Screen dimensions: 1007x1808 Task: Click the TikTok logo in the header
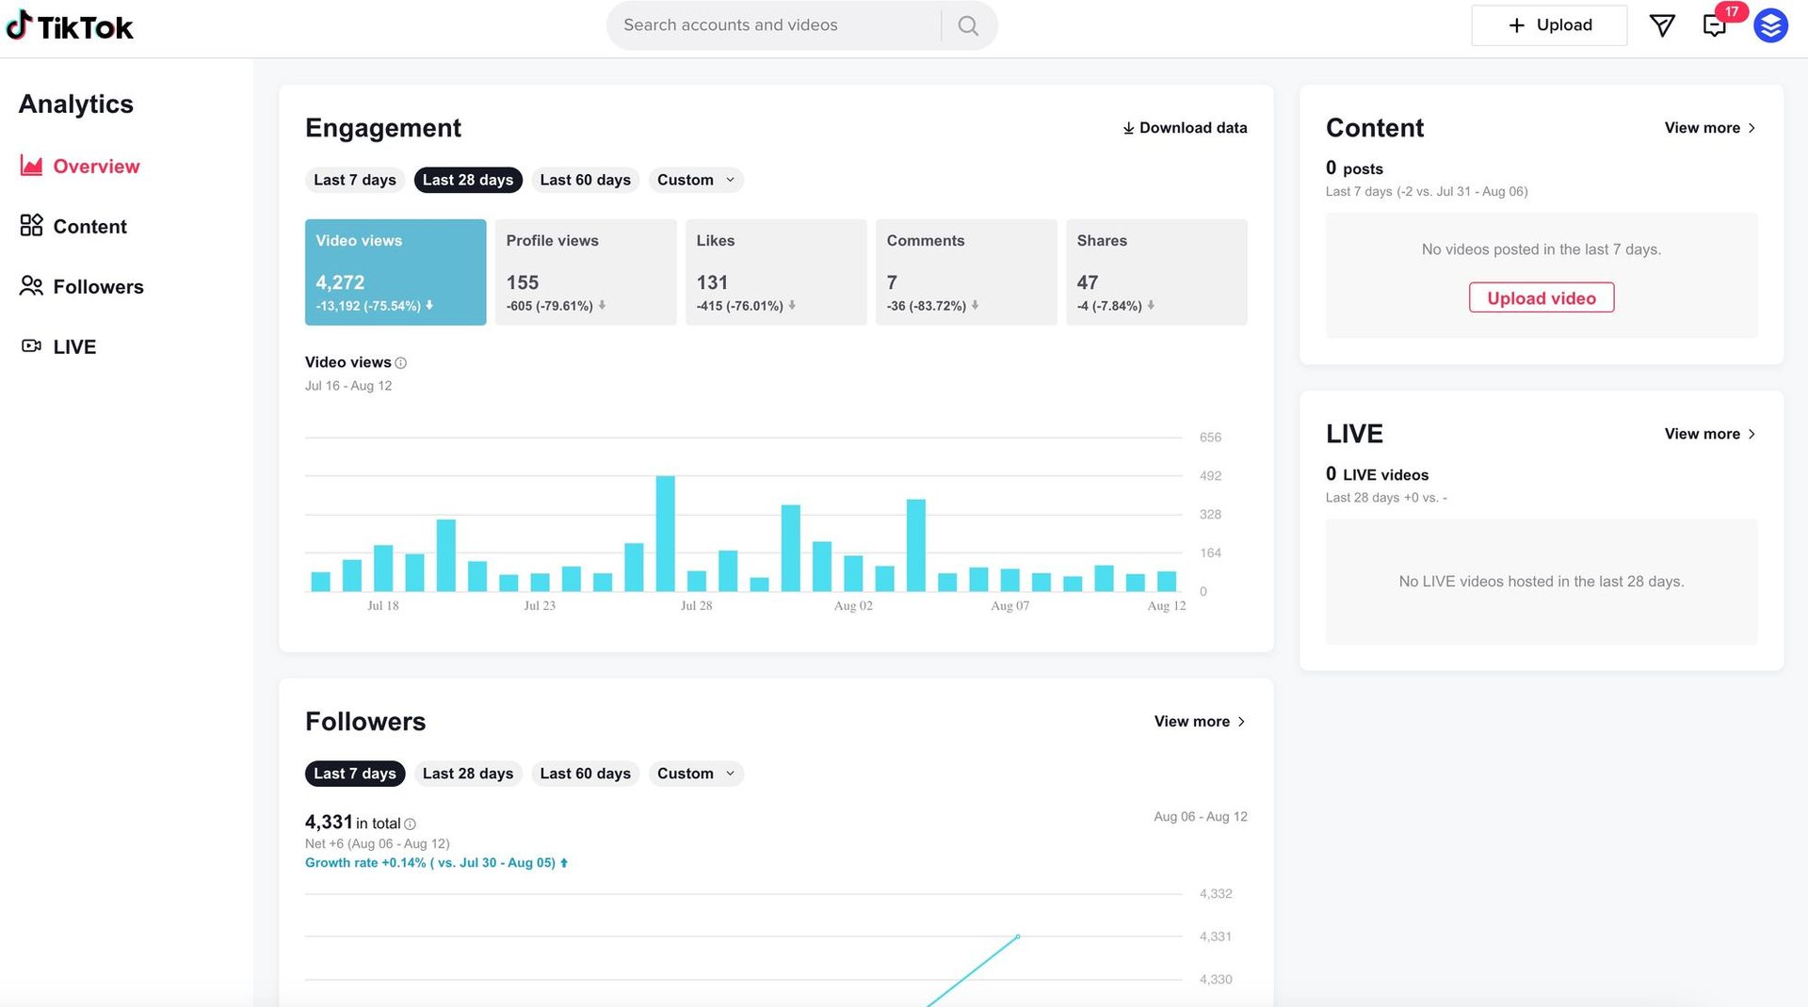(x=70, y=26)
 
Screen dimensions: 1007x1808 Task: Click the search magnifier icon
(x=968, y=25)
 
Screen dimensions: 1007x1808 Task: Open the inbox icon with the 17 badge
(x=1715, y=25)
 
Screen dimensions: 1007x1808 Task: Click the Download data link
(x=1185, y=128)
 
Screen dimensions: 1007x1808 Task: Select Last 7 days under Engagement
(x=354, y=180)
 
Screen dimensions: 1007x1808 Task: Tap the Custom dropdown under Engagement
(x=695, y=180)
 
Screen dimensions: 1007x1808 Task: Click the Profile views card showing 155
(x=585, y=272)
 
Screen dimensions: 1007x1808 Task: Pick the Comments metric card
(x=965, y=272)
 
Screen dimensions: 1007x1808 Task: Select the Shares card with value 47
(x=1155, y=272)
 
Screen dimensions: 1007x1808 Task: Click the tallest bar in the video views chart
(x=665, y=534)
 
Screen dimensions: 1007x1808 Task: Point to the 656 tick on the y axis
(x=1210, y=438)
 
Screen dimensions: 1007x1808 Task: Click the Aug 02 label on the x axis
(x=853, y=606)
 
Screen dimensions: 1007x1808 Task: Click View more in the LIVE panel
(x=1709, y=434)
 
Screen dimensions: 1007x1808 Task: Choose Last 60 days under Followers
(x=585, y=774)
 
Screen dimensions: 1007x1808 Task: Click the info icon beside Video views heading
(x=401, y=363)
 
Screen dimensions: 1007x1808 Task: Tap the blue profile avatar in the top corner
(x=1770, y=25)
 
